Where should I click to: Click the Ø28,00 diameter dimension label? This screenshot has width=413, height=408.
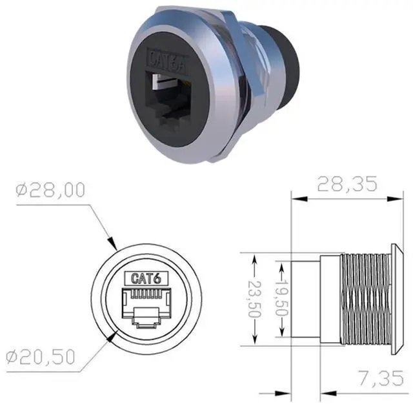point(50,190)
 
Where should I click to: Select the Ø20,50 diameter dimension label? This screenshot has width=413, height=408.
point(41,357)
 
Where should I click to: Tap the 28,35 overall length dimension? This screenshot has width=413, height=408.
point(347,184)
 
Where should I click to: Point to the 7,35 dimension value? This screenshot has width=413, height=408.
point(381,378)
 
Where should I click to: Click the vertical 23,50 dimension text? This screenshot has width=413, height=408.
point(255,299)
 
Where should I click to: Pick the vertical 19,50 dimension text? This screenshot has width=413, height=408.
point(281,297)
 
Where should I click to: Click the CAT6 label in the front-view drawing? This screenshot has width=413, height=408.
point(146,278)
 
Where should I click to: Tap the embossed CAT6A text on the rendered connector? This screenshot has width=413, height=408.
point(167,61)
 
